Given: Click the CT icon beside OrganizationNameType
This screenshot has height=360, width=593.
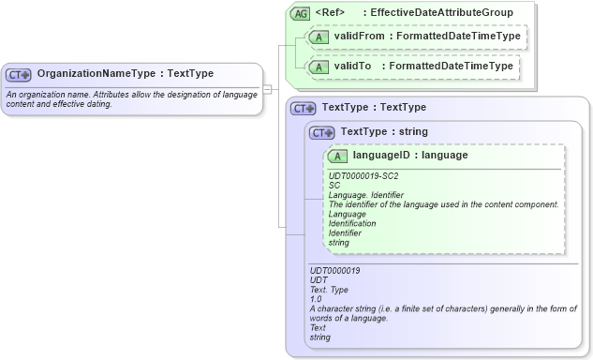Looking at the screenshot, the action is pyautogui.click(x=19, y=74).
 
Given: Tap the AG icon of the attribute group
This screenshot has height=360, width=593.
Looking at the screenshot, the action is pyautogui.click(x=300, y=13).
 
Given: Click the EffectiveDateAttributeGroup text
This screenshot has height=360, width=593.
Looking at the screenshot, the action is pyautogui.click(x=441, y=13).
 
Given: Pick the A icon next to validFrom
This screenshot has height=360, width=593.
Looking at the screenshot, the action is pyautogui.click(x=318, y=37).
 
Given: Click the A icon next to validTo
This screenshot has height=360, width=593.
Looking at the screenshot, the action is pyautogui.click(x=318, y=67).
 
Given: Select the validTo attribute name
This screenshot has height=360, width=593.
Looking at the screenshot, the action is pyautogui.click(x=353, y=67).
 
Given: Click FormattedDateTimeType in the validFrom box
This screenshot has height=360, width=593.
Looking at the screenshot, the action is pyautogui.click(x=458, y=37).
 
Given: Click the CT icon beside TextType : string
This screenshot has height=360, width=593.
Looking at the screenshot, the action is pyautogui.click(x=322, y=132).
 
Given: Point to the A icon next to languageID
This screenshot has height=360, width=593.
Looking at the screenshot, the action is pyautogui.click(x=337, y=156).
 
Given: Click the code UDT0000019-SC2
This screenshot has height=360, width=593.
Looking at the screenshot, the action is pyautogui.click(x=364, y=175).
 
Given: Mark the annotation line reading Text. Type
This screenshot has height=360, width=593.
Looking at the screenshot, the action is pyautogui.click(x=330, y=290).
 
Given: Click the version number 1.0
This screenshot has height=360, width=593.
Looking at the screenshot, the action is pyautogui.click(x=316, y=299).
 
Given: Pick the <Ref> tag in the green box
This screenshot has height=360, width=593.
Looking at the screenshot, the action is pyautogui.click(x=330, y=13).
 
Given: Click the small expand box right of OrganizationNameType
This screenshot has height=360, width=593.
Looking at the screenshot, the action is pyautogui.click(x=267, y=89).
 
